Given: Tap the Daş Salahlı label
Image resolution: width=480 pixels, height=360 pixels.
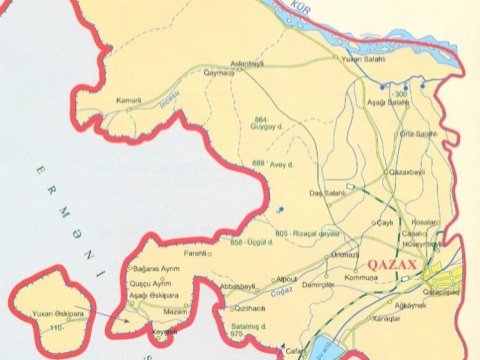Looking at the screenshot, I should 333,191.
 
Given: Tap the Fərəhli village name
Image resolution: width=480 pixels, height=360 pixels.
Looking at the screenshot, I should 196,254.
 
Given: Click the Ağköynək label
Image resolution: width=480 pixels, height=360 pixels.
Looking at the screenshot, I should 411,304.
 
